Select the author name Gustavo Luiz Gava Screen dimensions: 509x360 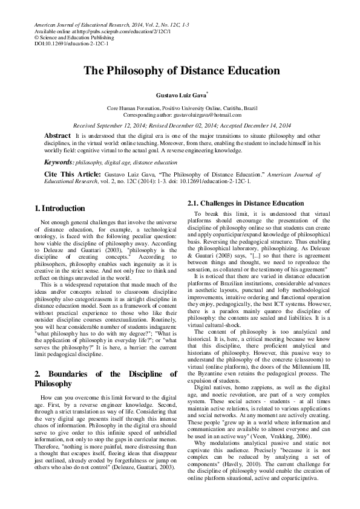point(180,95)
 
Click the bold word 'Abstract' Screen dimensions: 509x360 point(57,134)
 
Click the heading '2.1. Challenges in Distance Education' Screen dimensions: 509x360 point(246,203)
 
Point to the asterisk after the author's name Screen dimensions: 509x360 point(208,92)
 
